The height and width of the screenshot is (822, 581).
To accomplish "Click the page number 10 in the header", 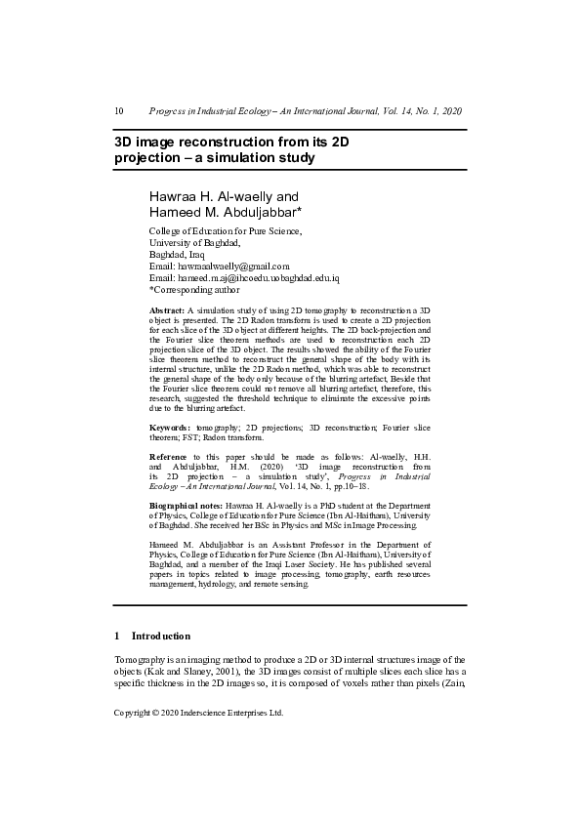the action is [x=119, y=111].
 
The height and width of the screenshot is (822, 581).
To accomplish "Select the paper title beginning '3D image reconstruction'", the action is [x=231, y=149].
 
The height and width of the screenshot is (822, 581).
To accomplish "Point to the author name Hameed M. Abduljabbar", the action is [x=225, y=212].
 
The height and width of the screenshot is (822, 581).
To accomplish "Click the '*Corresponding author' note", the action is [x=194, y=289].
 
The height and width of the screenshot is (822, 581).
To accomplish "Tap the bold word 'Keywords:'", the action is [x=170, y=428].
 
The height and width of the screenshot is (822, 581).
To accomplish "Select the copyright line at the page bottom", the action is [x=199, y=713].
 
